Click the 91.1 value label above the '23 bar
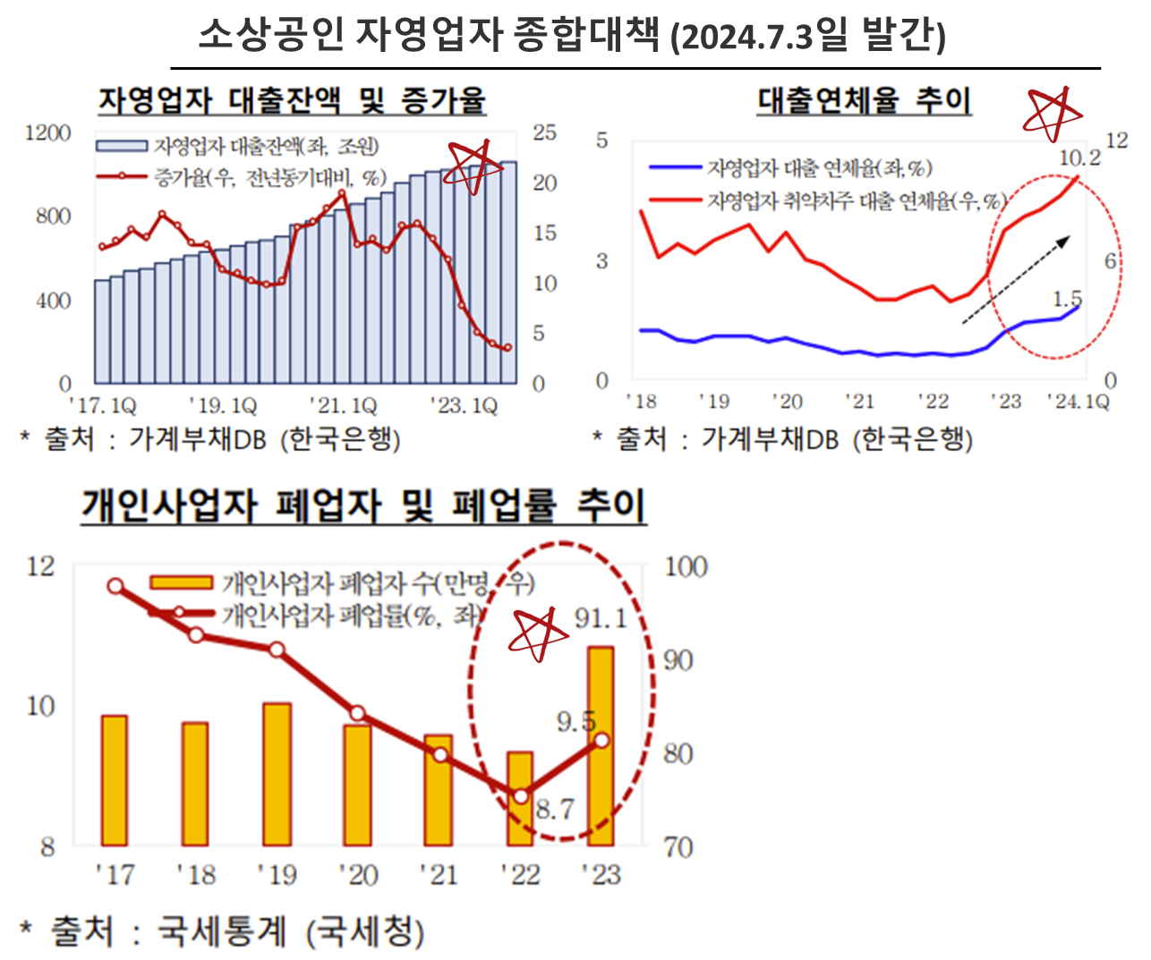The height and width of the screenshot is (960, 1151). coord(601,617)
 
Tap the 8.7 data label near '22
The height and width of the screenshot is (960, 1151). coord(554,810)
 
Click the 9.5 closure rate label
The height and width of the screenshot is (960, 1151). coord(575,721)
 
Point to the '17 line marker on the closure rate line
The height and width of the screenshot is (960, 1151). coord(115,586)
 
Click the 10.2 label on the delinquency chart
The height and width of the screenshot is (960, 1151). coord(1079,158)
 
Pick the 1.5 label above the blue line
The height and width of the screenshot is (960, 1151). coord(1067,298)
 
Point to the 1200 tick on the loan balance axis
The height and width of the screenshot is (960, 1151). coord(47,133)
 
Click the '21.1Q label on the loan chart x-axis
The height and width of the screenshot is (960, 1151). coord(343,406)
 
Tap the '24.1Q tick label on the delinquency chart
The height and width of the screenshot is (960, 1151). coord(1079,401)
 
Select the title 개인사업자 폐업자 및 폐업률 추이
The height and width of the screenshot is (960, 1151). coord(362,505)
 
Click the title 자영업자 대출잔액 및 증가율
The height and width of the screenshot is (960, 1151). coord(292,99)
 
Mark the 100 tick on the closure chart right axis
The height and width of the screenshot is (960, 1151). coord(686,566)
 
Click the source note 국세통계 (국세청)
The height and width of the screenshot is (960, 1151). coord(236,931)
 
